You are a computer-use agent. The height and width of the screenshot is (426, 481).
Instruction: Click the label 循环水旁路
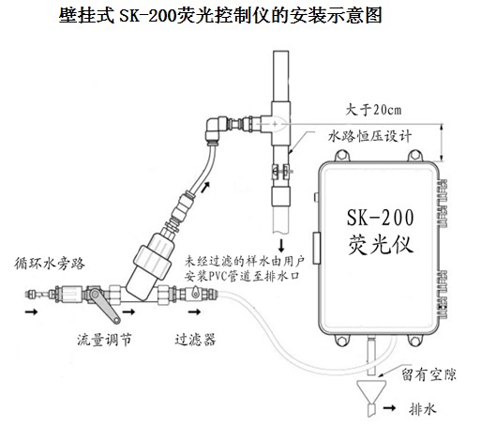50,264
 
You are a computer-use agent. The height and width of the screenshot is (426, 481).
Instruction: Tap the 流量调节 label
104,340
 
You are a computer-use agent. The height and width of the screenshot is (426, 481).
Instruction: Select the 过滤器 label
195,340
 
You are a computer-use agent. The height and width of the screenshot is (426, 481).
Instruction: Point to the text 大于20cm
373,110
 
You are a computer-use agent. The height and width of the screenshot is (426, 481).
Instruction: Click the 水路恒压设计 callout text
369,136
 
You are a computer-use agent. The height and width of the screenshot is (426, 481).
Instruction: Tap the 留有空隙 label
428,374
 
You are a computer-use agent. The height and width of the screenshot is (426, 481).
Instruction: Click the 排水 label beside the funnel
422,408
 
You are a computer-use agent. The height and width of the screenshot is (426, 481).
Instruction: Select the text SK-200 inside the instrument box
381,218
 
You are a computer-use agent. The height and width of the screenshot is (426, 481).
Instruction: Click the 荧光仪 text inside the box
381,244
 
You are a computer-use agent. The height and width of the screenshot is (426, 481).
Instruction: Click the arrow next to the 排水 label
390,408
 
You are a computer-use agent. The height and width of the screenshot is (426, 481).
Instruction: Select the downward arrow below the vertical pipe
281,246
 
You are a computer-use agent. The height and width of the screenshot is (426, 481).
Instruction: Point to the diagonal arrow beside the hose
205,187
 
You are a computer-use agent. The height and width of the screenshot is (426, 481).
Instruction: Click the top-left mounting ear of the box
342,156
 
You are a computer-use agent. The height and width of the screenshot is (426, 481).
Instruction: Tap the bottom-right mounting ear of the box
415,341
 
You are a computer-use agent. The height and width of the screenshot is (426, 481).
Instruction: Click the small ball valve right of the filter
195,294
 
